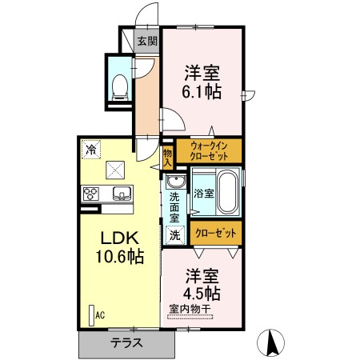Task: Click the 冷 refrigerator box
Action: [x=90, y=149]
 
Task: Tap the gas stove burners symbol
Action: [x=91, y=194]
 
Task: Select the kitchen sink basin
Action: [x=123, y=193]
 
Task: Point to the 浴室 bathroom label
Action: [x=203, y=193]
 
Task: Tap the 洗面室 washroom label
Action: [x=174, y=206]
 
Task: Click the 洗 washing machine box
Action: [x=174, y=235]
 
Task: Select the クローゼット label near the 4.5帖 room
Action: [x=216, y=234]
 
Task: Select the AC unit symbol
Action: [x=92, y=314]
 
